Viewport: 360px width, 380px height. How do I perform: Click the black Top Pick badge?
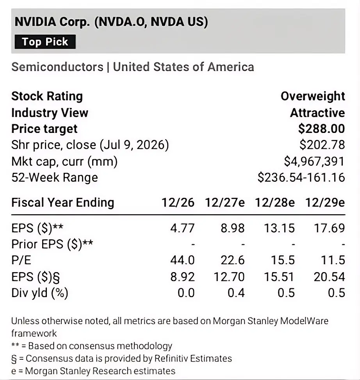point(45,42)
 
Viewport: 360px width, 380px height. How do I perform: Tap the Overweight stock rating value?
point(313,97)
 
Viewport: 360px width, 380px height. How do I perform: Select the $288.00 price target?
point(321,129)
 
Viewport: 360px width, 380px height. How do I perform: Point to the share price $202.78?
point(322,145)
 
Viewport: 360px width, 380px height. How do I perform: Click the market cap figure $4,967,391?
point(314,161)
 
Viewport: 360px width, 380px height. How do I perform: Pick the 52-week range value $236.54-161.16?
point(301,177)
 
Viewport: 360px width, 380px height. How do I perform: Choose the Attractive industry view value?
point(317,113)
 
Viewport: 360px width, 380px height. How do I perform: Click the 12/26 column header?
point(178,203)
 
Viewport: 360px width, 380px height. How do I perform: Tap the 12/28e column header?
point(275,203)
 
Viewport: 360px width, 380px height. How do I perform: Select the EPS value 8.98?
point(232,228)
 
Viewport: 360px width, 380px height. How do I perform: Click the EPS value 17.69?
point(329,228)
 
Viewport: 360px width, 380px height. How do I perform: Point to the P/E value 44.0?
point(182,260)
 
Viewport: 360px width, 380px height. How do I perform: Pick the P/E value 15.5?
point(283,260)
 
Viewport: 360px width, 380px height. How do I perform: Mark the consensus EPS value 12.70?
point(229,277)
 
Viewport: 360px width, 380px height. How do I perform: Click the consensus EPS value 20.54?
point(329,277)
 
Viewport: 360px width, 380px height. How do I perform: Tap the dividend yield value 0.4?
point(236,293)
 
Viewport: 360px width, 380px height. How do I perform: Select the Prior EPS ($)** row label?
point(52,244)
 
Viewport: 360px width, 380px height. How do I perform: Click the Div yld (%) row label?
point(40,293)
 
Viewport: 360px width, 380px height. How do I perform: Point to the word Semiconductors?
point(57,67)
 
